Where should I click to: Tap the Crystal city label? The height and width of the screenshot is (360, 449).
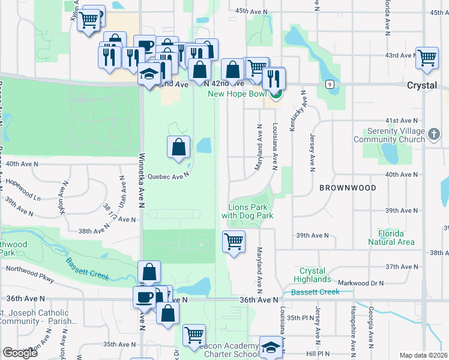pyautogui.click(x=421, y=86)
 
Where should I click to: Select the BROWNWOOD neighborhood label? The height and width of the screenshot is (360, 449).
pyautogui.click(x=348, y=188)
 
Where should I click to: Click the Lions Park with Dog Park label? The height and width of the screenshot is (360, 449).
pyautogui.click(x=247, y=211)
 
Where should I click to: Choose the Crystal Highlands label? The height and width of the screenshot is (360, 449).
pyautogui.click(x=313, y=275)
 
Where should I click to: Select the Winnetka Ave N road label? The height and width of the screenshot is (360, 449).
pyautogui.click(x=142, y=180)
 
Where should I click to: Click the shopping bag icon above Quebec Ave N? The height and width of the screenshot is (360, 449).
pyautogui.click(x=178, y=148)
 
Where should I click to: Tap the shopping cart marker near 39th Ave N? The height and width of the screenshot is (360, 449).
pyautogui.click(x=234, y=242)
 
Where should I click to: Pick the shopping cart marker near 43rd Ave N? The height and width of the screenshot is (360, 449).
pyautogui.click(x=427, y=58)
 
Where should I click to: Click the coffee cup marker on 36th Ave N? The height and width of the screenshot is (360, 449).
pyautogui.click(x=144, y=296)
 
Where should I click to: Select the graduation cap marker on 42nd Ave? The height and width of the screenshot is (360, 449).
pyautogui.click(x=148, y=74)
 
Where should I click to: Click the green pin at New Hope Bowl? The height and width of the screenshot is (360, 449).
pyautogui.click(x=276, y=94)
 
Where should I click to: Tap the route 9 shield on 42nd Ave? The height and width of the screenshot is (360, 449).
pyautogui.click(x=330, y=84)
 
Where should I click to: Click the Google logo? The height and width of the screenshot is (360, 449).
pyautogui.click(x=20, y=353)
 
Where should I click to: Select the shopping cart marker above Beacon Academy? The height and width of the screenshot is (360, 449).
pyautogui.click(x=194, y=335)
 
